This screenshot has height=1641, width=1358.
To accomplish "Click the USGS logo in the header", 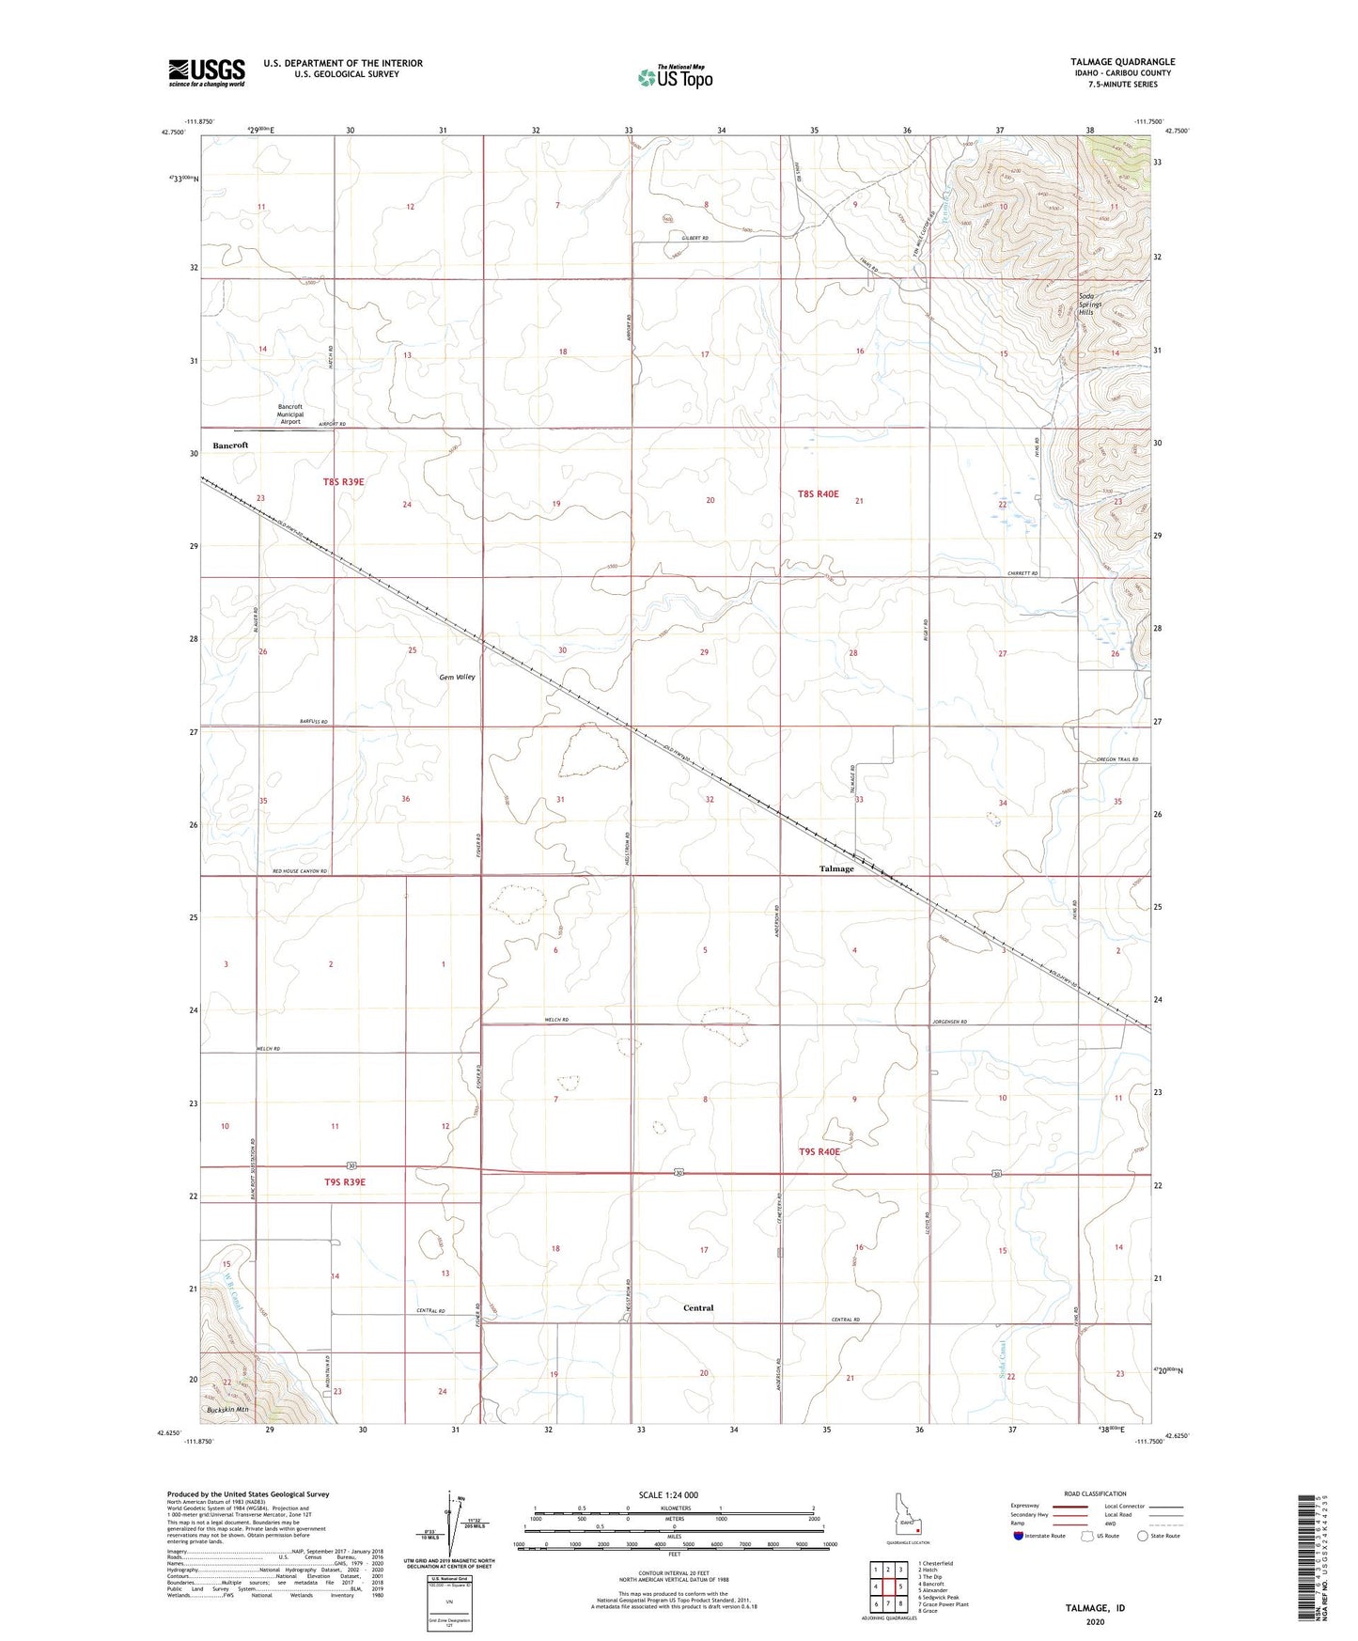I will tap(207, 72).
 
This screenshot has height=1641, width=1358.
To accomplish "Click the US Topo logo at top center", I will tap(674, 77).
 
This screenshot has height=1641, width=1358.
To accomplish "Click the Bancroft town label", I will tap(230, 445).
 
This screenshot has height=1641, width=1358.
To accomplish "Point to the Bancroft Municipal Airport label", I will tap(290, 414).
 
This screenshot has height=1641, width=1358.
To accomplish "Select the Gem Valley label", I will tap(457, 677).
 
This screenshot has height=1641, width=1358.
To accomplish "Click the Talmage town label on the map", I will tap(836, 868).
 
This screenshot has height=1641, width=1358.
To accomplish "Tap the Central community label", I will tap(698, 1307).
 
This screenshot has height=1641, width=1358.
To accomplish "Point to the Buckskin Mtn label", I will tap(228, 1409).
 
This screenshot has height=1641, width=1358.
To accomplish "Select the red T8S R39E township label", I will tap(343, 481).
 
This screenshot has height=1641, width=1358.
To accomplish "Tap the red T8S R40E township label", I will tap(819, 493).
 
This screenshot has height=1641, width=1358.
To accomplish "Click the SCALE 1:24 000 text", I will tap(668, 1494).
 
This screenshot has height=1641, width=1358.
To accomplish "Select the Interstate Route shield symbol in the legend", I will tap(1020, 1536).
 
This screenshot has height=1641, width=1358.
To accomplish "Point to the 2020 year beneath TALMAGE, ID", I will tap(1095, 1621).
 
